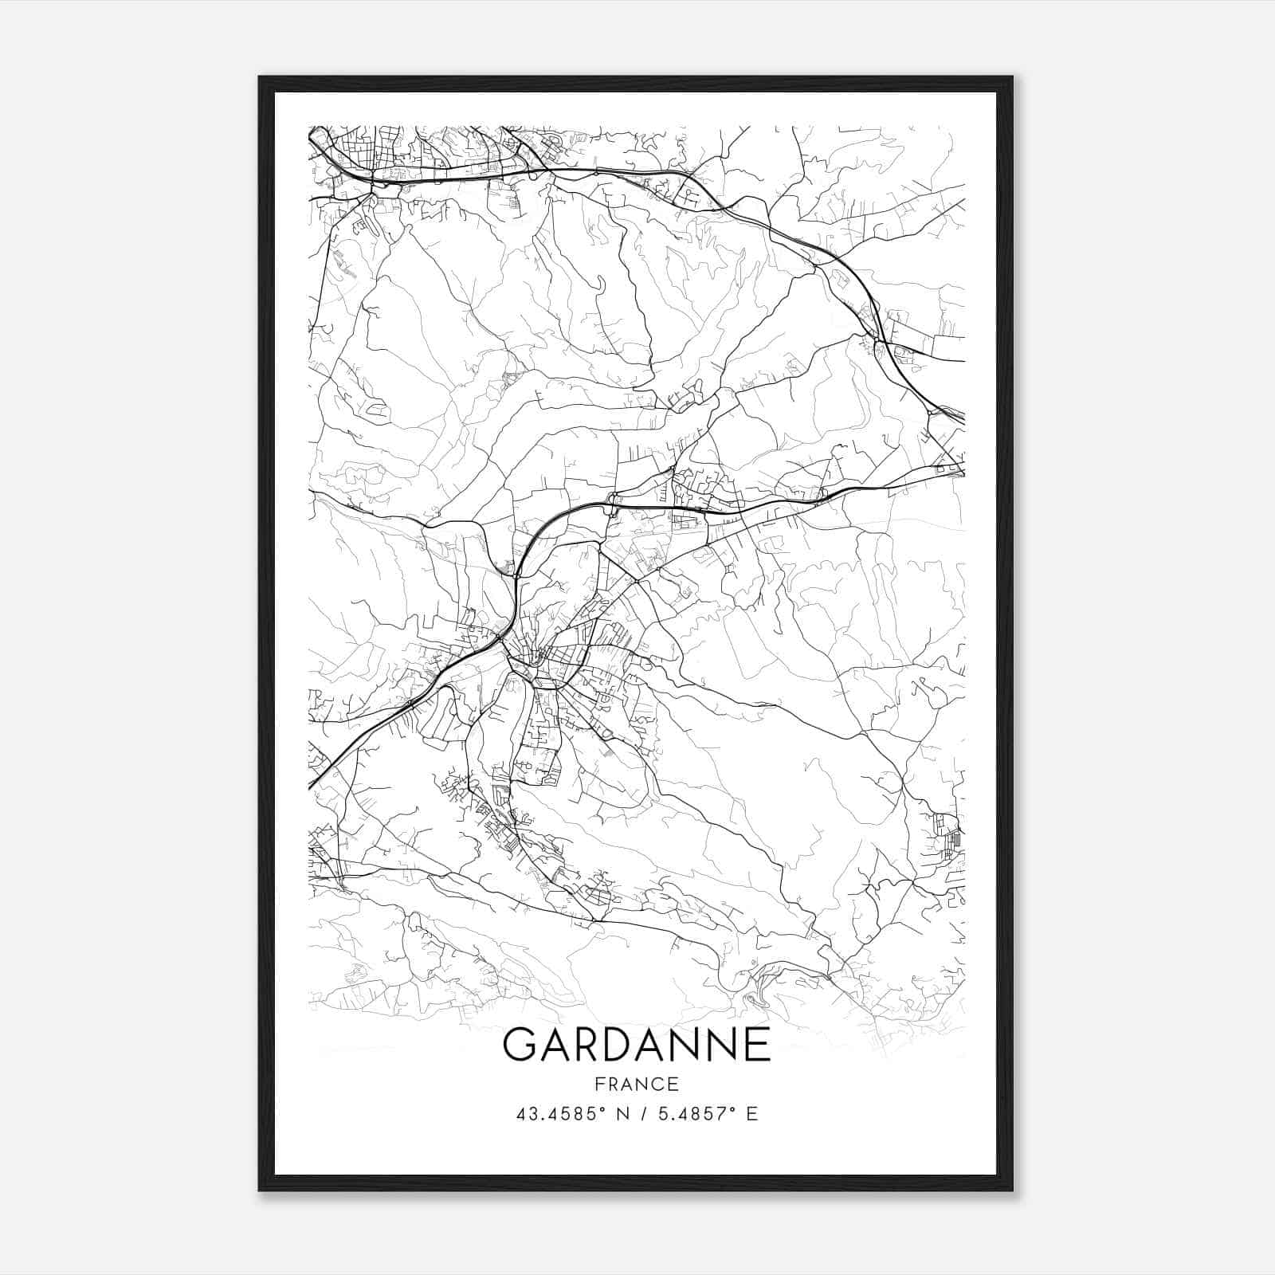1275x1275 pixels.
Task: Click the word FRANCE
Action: [637, 1084]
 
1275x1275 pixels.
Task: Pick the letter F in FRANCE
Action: [600, 1084]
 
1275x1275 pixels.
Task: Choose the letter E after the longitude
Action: [751, 1114]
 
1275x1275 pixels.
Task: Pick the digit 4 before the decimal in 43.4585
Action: [520, 1114]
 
